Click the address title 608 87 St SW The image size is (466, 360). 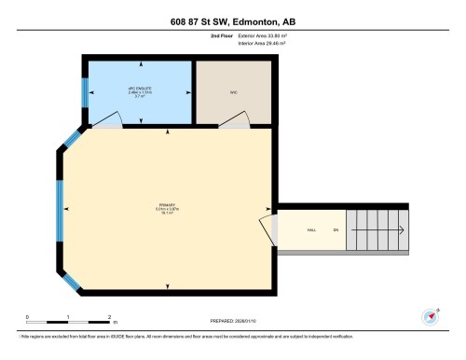tap(233, 21)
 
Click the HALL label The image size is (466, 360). tap(309, 228)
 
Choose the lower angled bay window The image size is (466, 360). tap(70, 277)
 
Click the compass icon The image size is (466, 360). tap(432, 316)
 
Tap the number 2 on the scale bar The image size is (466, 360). tap(109, 317)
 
